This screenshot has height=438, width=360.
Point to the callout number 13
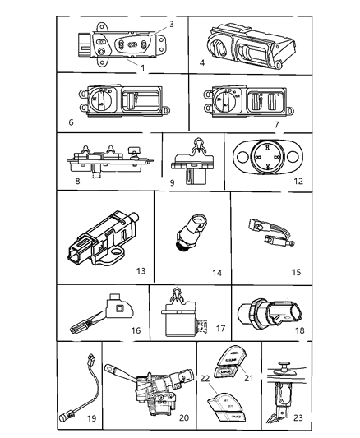coord(141,271)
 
